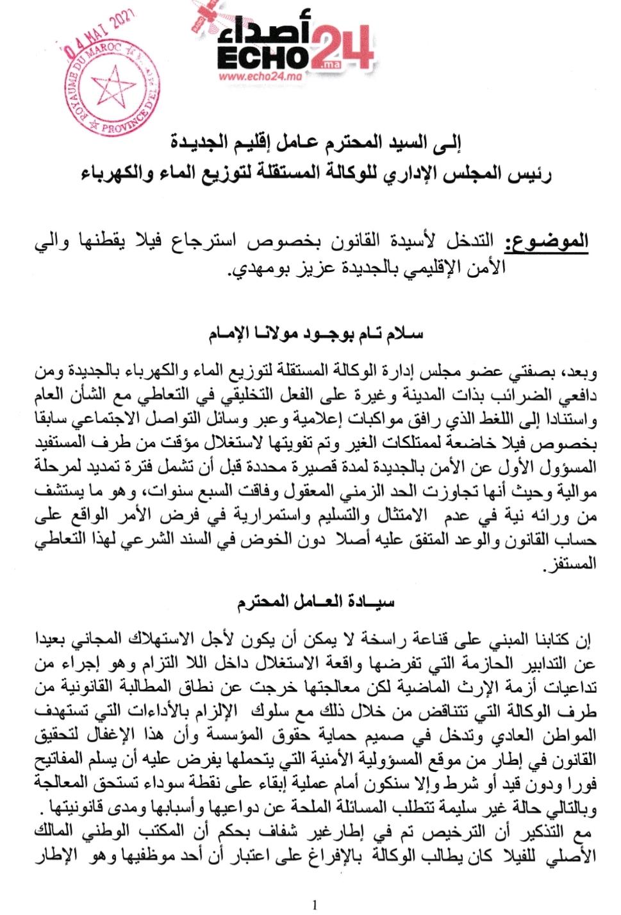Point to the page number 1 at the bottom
pyautogui.click(x=314, y=905)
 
